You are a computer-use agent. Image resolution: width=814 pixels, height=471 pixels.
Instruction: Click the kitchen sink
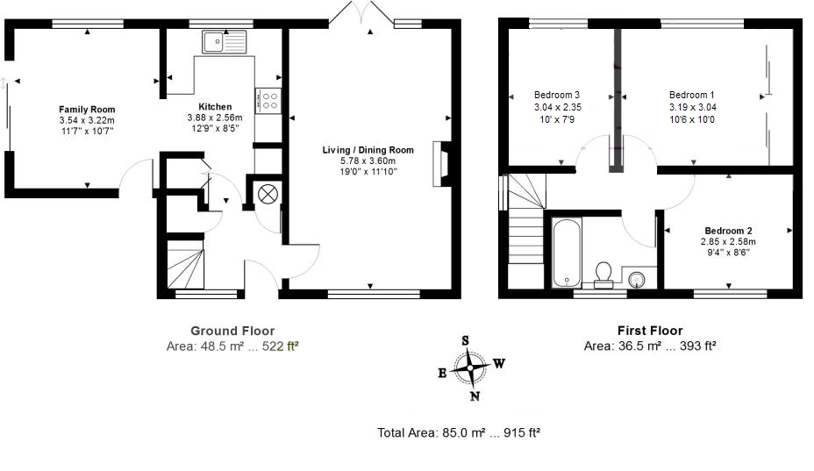pos(225,41)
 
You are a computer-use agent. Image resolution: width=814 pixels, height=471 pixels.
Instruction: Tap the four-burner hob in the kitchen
pos(269,101)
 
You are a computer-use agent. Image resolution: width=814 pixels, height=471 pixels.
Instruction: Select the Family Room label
pos(87,109)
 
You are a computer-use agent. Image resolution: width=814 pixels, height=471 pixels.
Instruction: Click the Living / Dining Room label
pos(368,150)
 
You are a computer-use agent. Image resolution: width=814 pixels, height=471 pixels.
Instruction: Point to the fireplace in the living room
pos(440,163)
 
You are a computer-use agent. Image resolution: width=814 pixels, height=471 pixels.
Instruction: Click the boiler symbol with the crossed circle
pos(268,195)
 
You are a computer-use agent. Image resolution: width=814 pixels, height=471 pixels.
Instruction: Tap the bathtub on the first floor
pos(567,253)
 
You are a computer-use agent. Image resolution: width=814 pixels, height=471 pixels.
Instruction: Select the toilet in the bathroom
pos(603,275)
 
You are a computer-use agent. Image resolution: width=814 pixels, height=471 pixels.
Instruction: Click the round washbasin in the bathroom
pos(638,280)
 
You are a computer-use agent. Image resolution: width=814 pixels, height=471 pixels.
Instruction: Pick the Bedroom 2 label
pos(728,231)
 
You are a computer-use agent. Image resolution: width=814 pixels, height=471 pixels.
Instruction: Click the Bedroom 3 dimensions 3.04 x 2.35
pos(558,107)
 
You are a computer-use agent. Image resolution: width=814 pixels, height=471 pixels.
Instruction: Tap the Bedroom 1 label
pos(691,95)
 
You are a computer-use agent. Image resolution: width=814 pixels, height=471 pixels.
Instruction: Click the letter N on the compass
pos(475,396)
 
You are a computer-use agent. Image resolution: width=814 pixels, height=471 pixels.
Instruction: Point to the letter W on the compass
pos(499,363)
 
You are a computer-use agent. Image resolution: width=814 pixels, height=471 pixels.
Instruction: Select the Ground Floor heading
pos(232,331)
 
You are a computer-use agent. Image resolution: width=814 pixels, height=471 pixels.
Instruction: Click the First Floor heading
pos(650,331)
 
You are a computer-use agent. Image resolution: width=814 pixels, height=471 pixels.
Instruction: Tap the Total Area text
pos(459,432)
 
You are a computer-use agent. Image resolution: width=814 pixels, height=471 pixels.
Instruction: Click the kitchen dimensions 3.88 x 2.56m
pos(215,118)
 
